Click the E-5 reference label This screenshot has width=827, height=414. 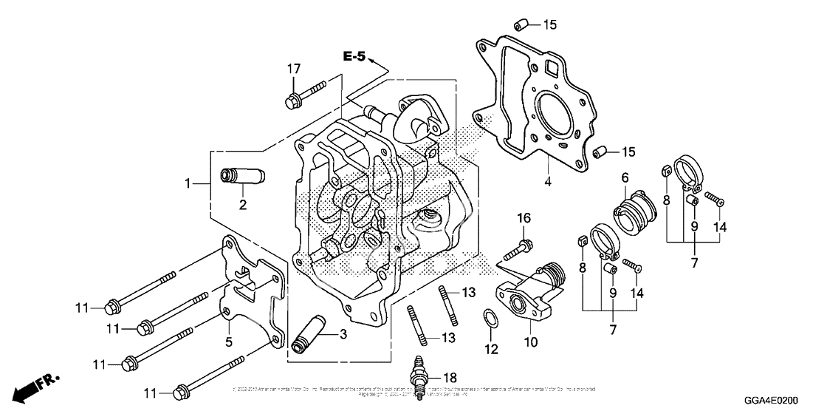pyautogui.click(x=354, y=55)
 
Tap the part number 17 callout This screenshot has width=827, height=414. pyautogui.click(x=295, y=69)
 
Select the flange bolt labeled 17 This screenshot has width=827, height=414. pyautogui.click(x=303, y=93)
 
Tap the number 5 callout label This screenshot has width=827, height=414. pyautogui.click(x=229, y=342)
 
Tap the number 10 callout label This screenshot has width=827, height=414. pyautogui.click(x=531, y=342)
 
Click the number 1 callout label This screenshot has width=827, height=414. pyautogui.click(x=189, y=182)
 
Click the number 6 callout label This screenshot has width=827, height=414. pyautogui.click(x=624, y=177)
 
